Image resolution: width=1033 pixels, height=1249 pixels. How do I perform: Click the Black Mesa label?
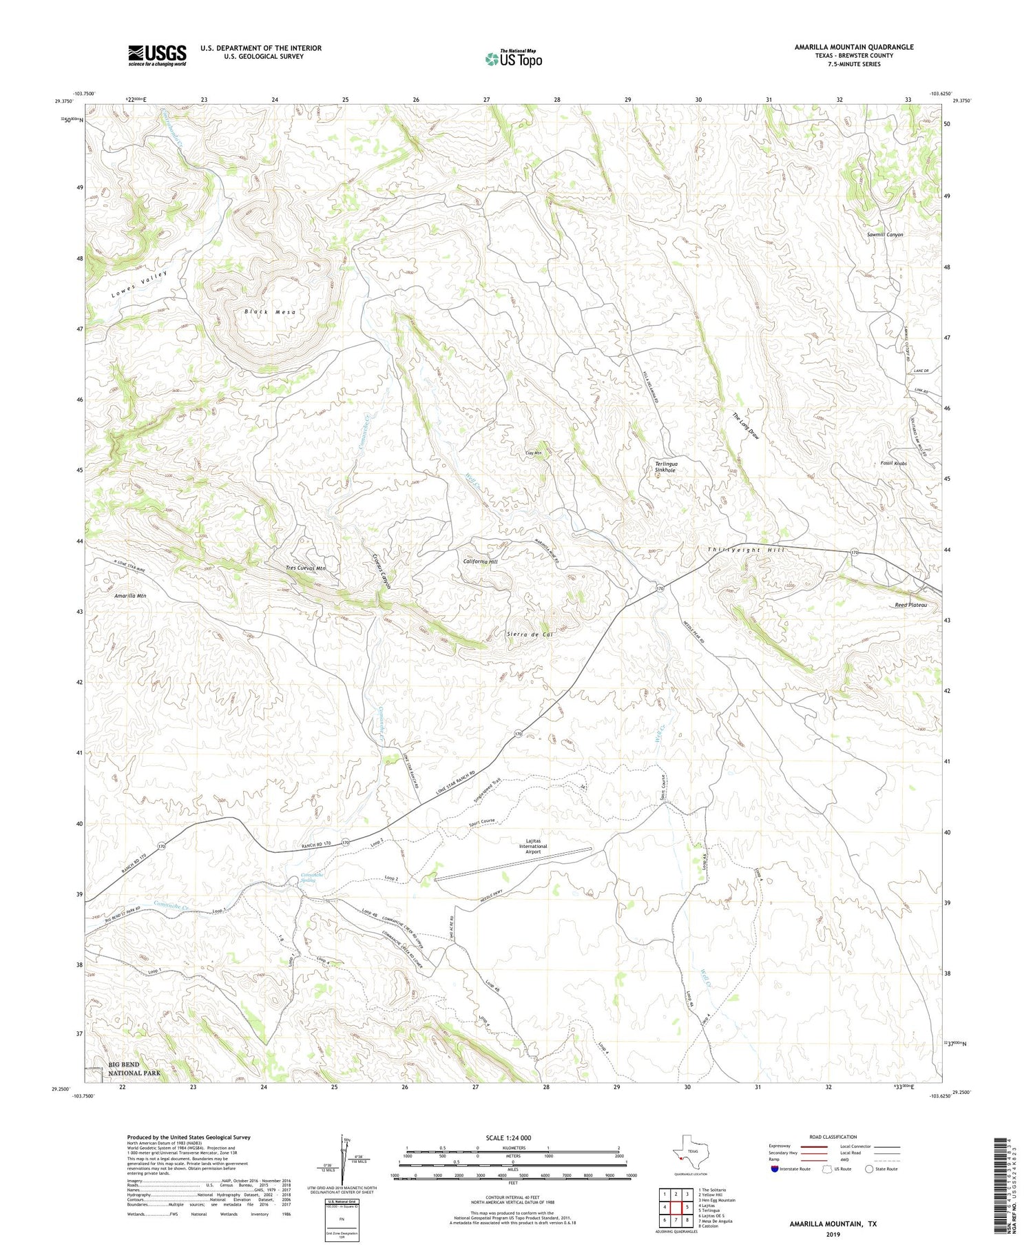pyautogui.click(x=270, y=312)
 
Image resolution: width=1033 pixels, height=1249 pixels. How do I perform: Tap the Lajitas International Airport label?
pyautogui.click(x=533, y=847)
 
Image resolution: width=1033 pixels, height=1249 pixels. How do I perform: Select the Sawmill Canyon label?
pyautogui.click(x=885, y=235)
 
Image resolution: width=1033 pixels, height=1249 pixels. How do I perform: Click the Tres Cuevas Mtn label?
pyautogui.click(x=306, y=568)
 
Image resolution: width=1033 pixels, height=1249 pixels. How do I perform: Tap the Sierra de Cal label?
pyautogui.click(x=530, y=634)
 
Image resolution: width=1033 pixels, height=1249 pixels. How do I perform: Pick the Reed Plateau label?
pyautogui.click(x=911, y=605)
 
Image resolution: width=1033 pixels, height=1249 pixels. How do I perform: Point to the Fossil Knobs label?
pyautogui.click(x=894, y=464)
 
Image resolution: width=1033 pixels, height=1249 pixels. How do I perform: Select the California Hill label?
pyautogui.click(x=481, y=561)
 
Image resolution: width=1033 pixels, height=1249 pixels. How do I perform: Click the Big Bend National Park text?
pyautogui.click(x=134, y=1069)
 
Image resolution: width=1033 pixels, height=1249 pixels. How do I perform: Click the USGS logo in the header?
pyautogui.click(x=157, y=55)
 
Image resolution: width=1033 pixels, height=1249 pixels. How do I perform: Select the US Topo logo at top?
pyautogui.click(x=513, y=59)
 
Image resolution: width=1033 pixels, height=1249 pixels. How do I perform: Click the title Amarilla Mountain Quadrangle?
pyautogui.click(x=854, y=47)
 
